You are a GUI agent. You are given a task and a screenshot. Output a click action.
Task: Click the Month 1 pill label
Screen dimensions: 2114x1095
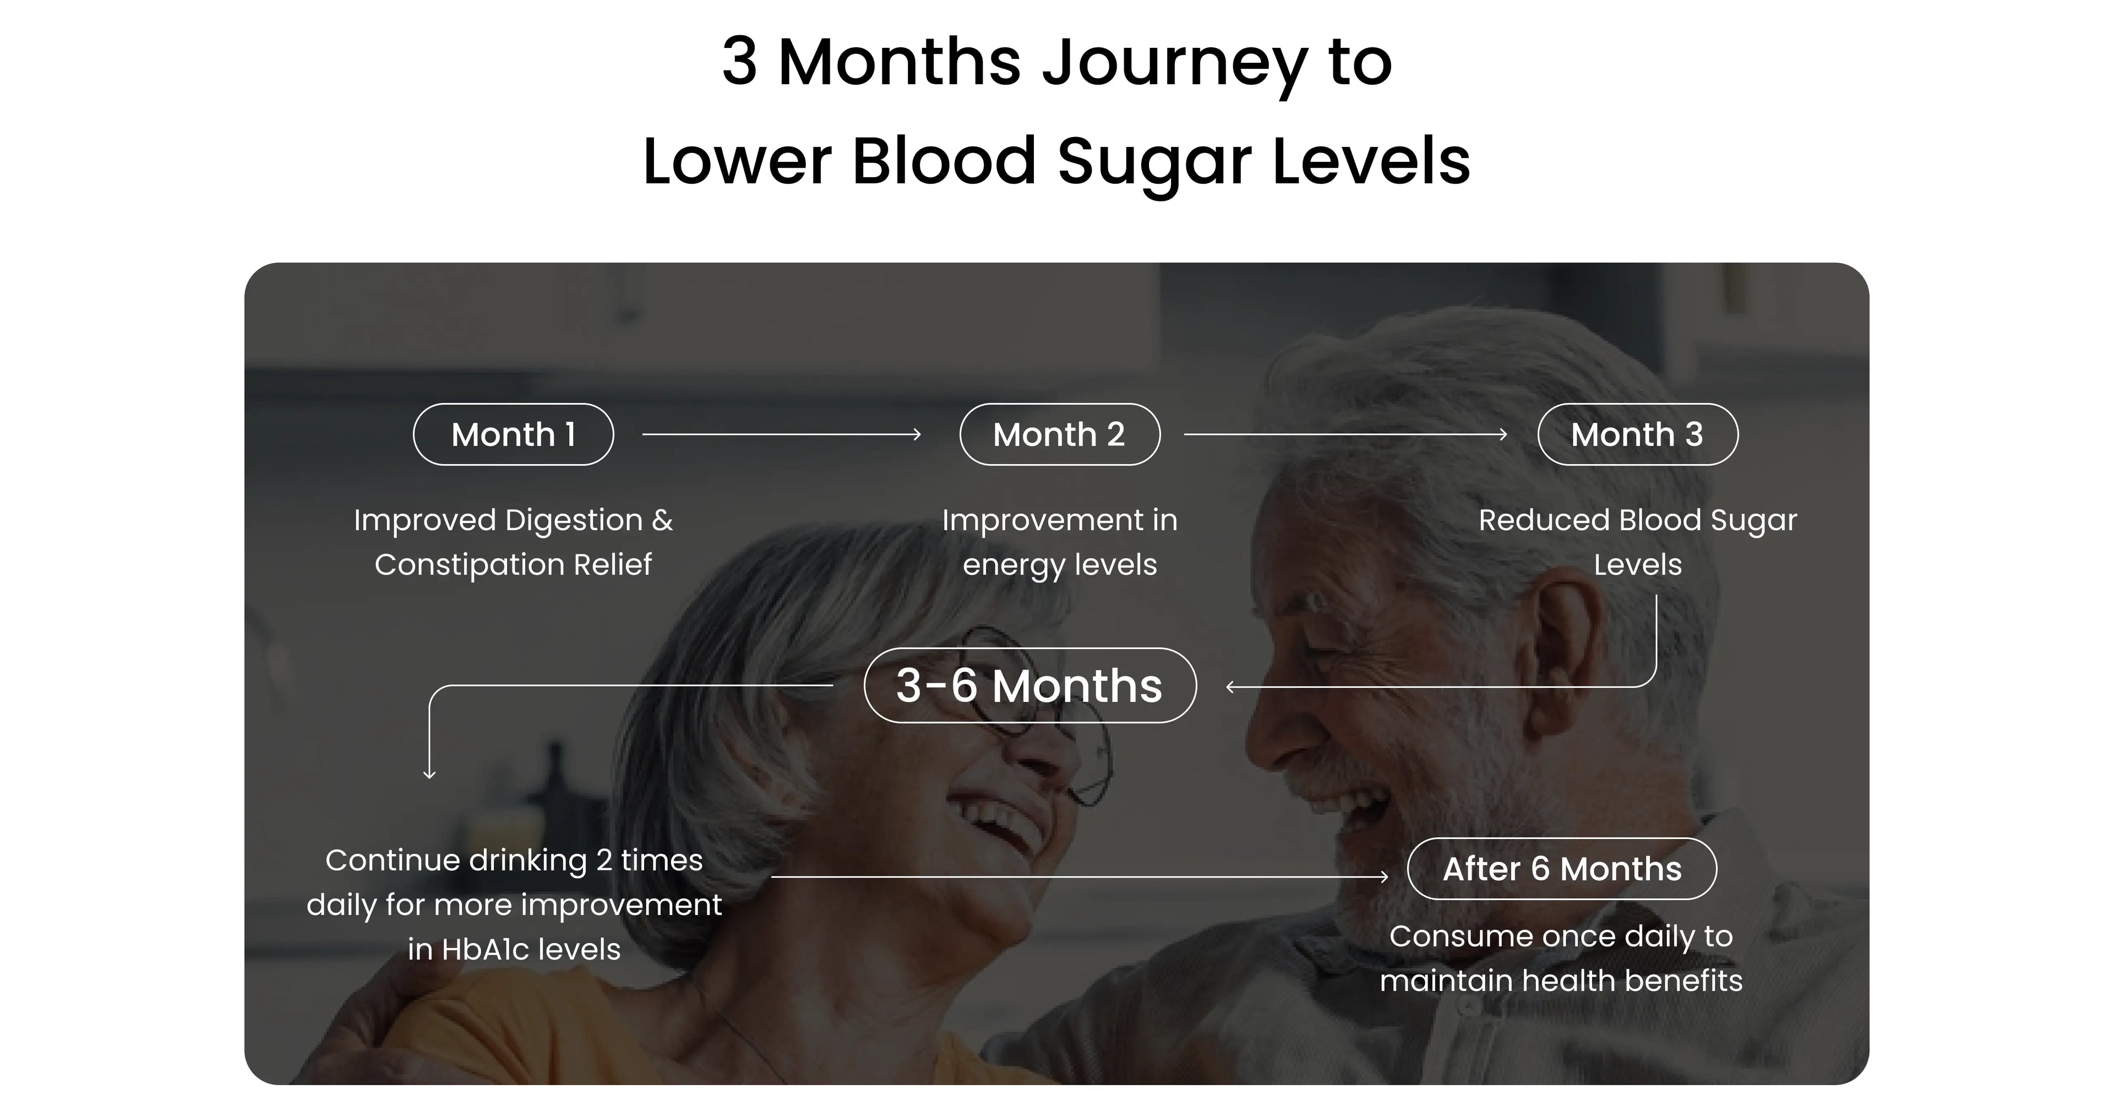coord(513,434)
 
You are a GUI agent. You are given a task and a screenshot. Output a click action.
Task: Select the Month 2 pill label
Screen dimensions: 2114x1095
coord(1059,434)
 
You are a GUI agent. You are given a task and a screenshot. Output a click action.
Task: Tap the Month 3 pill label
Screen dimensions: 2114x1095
coord(1637,434)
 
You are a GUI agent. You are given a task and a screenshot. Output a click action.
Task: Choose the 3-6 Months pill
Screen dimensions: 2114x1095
coord(1030,685)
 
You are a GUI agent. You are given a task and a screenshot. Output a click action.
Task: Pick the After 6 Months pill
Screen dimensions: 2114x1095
coord(1562,868)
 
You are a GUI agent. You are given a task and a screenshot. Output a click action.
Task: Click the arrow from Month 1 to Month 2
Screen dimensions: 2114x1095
coord(781,434)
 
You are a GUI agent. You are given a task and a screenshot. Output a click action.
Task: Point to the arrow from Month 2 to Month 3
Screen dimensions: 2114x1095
coord(1346,434)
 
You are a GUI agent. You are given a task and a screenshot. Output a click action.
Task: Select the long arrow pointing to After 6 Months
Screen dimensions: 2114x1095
coord(1080,876)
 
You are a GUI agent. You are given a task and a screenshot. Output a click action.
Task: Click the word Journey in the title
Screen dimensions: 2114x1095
coord(1174,63)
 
